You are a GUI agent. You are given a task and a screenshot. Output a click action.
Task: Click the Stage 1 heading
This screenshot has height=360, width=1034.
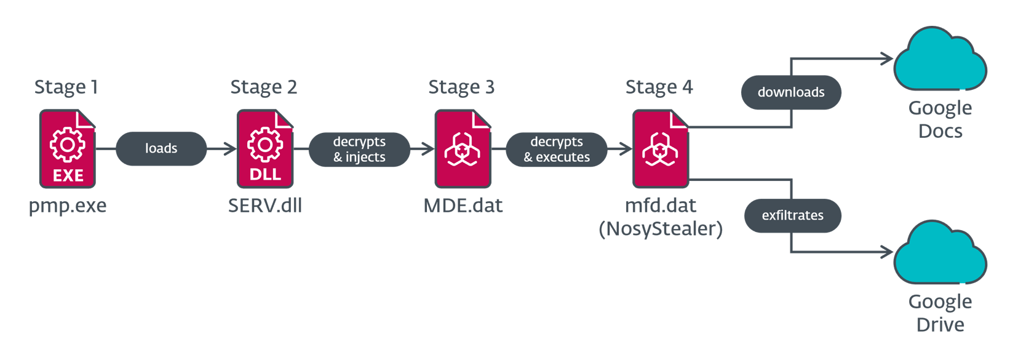pyautogui.click(x=66, y=87)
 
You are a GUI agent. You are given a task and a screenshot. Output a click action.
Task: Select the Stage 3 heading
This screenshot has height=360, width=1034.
pyautogui.click(x=461, y=87)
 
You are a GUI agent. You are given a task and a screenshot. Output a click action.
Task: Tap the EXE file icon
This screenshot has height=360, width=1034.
pyautogui.click(x=68, y=149)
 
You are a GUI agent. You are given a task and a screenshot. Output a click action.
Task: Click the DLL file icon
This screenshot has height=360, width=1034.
pyautogui.click(x=265, y=149)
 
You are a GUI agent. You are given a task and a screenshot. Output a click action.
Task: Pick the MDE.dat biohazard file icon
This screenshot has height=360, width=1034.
pyautogui.click(x=463, y=149)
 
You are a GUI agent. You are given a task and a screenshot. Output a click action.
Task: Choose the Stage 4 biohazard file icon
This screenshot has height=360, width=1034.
pyautogui.click(x=661, y=149)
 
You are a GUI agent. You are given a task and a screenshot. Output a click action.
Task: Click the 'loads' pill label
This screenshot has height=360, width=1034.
pyautogui.click(x=161, y=148)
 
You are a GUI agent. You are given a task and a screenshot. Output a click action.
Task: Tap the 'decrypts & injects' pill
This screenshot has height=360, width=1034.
pyautogui.click(x=359, y=149)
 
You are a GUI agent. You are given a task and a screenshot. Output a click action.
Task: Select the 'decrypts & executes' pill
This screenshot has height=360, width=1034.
pyautogui.click(x=557, y=149)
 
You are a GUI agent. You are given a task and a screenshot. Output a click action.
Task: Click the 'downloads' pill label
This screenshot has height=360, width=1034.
pyautogui.click(x=791, y=92)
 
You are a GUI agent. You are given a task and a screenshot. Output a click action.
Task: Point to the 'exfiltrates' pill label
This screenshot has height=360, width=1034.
pyautogui.click(x=792, y=215)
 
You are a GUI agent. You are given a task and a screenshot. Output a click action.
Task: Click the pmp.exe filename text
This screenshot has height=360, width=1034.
pyautogui.click(x=68, y=206)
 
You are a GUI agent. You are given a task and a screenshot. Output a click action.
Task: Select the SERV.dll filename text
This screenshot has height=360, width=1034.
pyautogui.click(x=265, y=206)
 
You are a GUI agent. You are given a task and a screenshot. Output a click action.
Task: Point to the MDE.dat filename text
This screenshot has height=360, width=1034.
pyautogui.click(x=463, y=206)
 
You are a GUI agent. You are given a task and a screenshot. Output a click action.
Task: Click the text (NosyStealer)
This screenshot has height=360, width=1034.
pyautogui.click(x=661, y=229)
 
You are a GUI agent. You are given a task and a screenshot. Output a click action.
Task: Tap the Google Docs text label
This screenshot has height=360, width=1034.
pyautogui.click(x=940, y=119)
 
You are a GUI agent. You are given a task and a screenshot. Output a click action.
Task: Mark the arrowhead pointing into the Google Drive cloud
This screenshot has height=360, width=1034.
pyautogui.click(x=887, y=252)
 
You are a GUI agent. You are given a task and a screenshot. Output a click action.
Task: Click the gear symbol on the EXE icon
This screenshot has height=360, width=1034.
pyautogui.click(x=68, y=145)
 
